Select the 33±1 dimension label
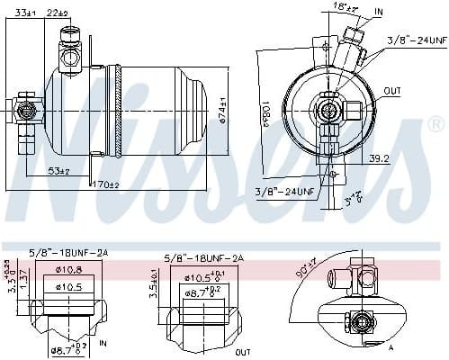[x=24, y=12]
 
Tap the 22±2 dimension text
[x=84, y=12]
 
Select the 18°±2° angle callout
[x=345, y=9]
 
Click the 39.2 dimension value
[x=403, y=159]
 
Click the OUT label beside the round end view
[x=392, y=92]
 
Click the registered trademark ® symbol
[x=435, y=123]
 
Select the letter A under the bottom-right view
[x=391, y=346]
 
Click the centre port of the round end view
[x=328, y=112]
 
